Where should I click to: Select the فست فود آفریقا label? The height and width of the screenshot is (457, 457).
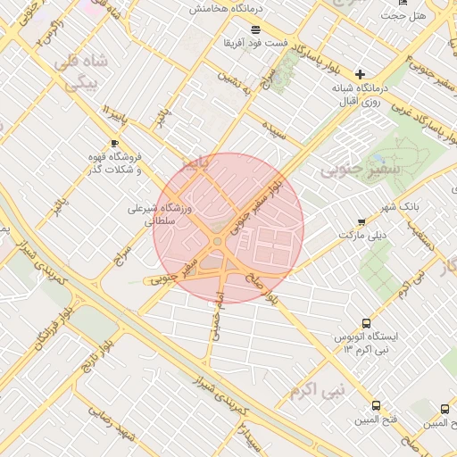coord(254,43)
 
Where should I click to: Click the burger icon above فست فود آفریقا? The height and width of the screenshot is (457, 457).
coord(255,29)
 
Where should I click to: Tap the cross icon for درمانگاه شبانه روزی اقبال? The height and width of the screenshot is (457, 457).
coord(360,75)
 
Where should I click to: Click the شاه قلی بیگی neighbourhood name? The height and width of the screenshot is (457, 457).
coord(80,71)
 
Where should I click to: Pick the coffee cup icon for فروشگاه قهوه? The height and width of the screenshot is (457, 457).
coord(113,144)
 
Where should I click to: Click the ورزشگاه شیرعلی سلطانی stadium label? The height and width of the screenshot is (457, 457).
coord(161,214)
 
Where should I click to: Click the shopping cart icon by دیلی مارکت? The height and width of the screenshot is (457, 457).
coord(361,221)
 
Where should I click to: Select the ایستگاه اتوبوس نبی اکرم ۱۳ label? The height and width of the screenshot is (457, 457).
coord(369,343)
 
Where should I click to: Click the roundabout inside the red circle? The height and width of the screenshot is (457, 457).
coord(218,241)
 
